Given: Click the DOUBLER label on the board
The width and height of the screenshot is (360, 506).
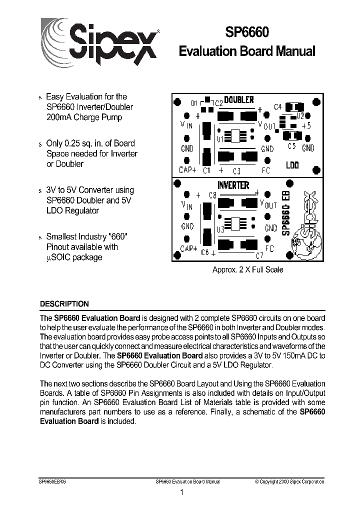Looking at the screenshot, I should (239, 100).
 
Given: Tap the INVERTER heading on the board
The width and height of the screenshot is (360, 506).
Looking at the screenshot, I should (233, 185).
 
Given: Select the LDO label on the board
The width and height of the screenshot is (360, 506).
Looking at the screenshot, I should (292, 165).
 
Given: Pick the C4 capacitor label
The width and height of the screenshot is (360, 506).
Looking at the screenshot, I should (278, 107).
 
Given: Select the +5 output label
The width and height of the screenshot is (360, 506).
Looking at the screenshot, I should (306, 125).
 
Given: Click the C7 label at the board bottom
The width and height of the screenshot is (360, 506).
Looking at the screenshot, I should (259, 256).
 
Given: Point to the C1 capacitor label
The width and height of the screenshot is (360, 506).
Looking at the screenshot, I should (206, 170).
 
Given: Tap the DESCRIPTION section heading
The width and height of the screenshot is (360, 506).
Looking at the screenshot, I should (64, 304).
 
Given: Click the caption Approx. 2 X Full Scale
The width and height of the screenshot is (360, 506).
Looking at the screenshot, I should (248, 270).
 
